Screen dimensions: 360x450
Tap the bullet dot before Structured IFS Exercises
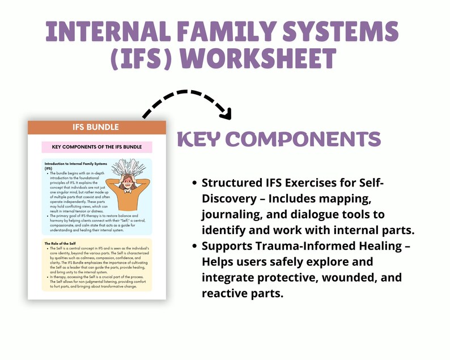[196, 183]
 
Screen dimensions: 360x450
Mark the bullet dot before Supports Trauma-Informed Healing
[196, 248]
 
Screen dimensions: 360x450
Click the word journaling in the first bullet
[225, 214]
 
